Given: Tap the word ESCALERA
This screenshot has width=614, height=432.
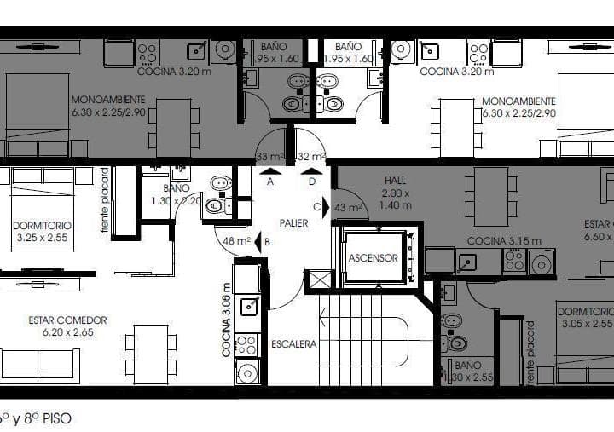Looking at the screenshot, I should click(295, 344).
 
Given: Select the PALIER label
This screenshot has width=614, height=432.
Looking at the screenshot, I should click(293, 223).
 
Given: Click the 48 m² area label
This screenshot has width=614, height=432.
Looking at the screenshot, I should click(235, 241).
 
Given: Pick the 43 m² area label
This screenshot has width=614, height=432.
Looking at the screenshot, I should click(347, 208).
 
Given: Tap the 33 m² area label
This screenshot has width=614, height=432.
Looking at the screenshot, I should click(269, 157).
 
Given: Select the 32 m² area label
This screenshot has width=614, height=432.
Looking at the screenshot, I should click(312, 157).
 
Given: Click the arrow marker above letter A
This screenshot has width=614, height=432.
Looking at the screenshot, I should click(270, 170).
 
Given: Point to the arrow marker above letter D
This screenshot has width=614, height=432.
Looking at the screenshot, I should click(312, 170).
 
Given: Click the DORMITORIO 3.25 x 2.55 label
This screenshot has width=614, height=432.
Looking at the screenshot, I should click(42, 232).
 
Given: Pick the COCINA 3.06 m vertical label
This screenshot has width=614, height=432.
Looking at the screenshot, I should click(227, 320).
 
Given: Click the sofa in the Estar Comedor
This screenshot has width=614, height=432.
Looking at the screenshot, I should click(39, 364).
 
